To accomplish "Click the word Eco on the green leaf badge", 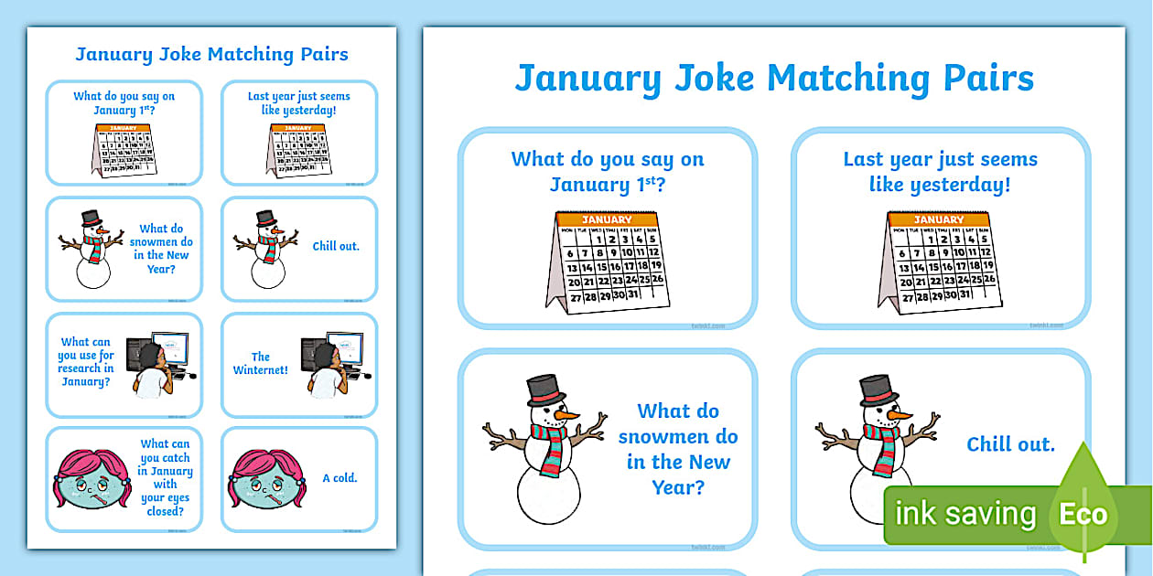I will tap(1083, 514).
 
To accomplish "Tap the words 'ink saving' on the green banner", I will tap(964, 514).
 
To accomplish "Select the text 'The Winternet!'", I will tap(261, 364).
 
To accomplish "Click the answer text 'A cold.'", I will tap(339, 478).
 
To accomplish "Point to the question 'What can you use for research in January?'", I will tap(86, 362).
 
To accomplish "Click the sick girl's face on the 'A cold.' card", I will tap(266, 480).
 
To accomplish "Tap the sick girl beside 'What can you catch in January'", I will tap(92, 480).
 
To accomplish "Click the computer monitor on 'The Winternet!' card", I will tap(344, 348).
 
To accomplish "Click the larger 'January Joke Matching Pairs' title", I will tap(773, 79).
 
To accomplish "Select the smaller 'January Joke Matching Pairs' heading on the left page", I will tap(211, 54).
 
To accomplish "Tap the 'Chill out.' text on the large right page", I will tap(1010, 445).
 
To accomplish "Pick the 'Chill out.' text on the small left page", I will tap(336, 246).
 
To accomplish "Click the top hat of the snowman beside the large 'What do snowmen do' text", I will tap(543, 389).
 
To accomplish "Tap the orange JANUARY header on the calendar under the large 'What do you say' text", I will tap(607, 219).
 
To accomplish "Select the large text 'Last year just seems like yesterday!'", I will tap(940, 172).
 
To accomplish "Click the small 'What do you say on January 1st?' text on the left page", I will tap(124, 102).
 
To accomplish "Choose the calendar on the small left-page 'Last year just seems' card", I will tap(298, 150).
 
